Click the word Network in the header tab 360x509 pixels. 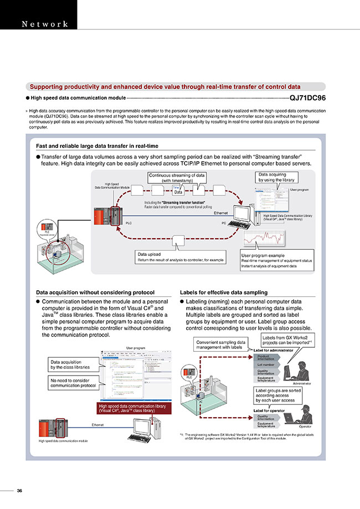coord(44,24)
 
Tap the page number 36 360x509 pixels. coord(19,491)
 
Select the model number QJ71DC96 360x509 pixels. coord(307,97)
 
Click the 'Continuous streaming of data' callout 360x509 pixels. coord(176,178)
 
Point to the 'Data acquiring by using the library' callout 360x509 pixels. coord(277,177)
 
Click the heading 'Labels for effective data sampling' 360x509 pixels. coord(223,292)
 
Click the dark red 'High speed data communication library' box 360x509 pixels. coord(133,409)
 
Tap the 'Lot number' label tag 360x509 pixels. coord(267,365)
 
